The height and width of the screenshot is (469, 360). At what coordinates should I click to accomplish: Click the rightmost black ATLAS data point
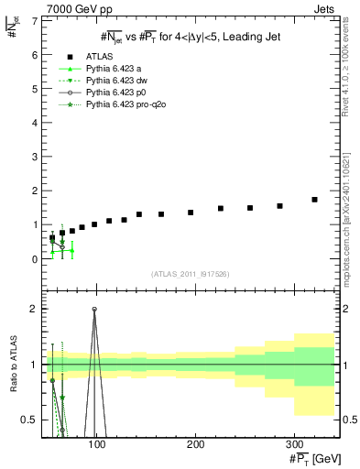point(314,199)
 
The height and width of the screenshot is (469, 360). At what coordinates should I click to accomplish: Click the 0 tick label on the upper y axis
point(35,259)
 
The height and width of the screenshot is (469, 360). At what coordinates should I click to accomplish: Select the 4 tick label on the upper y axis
point(35,123)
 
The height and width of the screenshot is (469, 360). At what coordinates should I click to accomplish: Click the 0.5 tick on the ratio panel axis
point(30,420)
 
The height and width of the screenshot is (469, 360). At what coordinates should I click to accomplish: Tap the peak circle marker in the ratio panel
point(94,309)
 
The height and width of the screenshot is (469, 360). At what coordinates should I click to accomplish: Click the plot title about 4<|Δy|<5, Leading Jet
point(190,36)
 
